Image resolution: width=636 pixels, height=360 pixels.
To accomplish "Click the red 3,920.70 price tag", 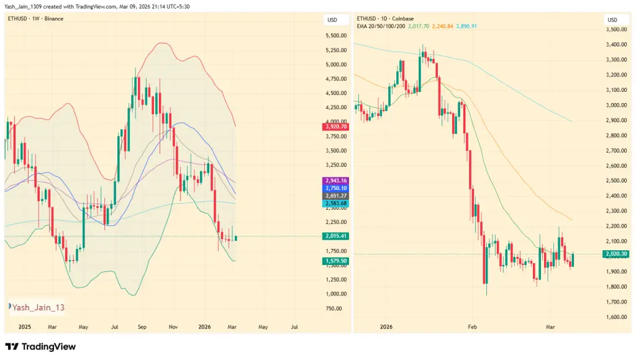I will coord(335,127).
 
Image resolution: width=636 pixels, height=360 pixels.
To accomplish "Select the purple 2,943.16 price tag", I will coord(335,180).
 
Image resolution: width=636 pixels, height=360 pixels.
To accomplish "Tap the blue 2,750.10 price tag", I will coord(335,188).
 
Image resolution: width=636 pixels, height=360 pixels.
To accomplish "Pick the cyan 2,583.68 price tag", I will coord(335,204).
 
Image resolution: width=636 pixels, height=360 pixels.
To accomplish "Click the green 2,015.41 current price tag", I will coord(335,236).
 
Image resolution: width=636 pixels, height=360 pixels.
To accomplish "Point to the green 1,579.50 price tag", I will coord(335,261).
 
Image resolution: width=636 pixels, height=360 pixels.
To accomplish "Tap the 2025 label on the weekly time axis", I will coord(25,326).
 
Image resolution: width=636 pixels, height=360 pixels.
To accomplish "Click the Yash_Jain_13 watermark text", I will coord(38,307).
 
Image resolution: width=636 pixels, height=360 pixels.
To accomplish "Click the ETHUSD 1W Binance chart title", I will coord(35,19).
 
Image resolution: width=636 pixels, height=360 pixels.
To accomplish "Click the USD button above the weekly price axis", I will coord(332,20).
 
